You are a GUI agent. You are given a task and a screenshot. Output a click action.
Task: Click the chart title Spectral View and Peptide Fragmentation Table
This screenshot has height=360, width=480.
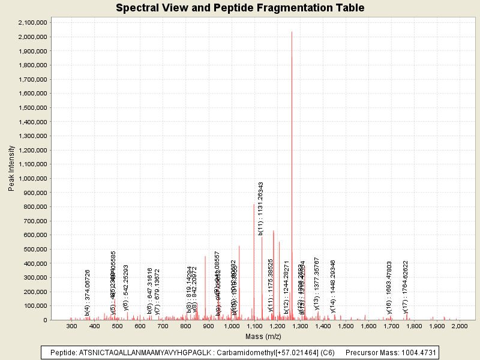(240, 8)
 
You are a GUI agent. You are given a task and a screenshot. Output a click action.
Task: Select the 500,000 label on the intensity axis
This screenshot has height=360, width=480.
(35, 249)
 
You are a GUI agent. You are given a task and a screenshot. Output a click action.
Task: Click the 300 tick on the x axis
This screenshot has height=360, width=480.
(72, 325)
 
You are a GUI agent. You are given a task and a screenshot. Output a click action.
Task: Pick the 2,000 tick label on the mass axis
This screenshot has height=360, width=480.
(459, 325)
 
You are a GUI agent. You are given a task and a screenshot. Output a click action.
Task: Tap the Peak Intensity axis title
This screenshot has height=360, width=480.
(11, 171)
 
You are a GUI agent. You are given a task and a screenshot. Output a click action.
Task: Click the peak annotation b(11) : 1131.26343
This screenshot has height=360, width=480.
(261, 208)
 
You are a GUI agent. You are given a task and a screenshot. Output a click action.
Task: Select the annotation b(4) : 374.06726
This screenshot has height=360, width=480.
(88, 293)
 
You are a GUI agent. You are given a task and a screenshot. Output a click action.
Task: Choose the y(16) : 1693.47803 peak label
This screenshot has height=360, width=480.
(389, 287)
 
